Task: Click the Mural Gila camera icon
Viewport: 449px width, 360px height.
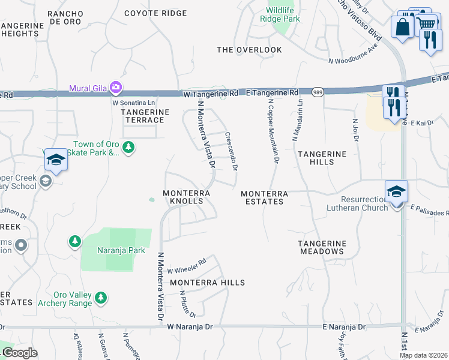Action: click(116, 88)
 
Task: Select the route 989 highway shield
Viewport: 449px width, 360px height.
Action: click(318, 91)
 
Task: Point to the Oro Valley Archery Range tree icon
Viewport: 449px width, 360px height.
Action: click(101, 297)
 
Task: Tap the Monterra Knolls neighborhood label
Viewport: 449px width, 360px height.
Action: click(187, 197)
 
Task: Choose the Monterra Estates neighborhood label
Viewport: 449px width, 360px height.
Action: click(264, 197)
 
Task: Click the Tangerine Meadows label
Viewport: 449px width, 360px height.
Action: click(322, 247)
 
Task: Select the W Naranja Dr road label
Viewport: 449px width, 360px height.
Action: click(190, 327)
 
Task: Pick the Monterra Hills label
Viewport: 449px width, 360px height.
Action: click(207, 282)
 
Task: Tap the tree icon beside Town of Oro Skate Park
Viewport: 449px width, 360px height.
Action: click(128, 146)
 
